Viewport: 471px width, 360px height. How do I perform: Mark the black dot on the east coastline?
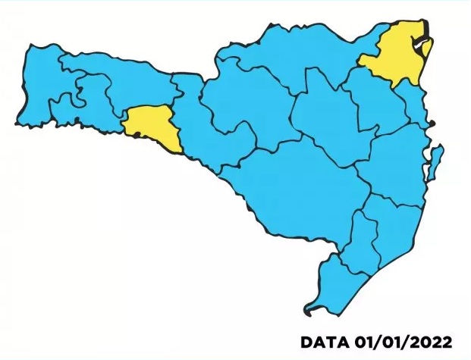pyautogui.click(x=432, y=122)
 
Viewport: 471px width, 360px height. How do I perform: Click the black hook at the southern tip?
pyautogui.click(x=309, y=310)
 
